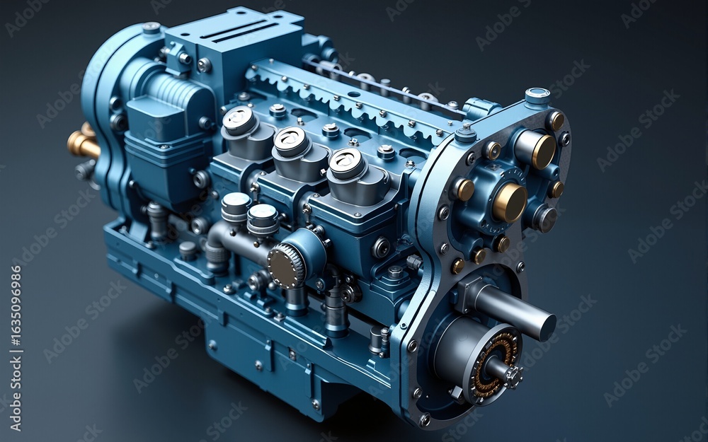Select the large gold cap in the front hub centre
point(510,202)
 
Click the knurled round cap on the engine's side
point(286,266)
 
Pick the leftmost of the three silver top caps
point(239,120)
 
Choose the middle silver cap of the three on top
point(292,141)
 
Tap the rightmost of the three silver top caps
point(346,163)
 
